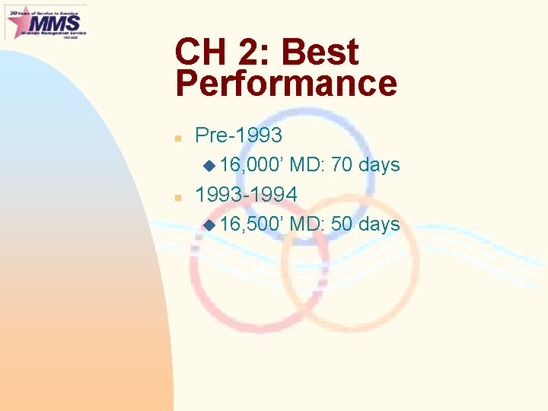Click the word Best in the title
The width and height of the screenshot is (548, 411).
[320, 53]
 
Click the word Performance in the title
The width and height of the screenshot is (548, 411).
[286, 84]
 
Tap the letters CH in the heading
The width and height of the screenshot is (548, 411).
[199, 53]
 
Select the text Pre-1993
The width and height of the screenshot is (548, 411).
[238, 135]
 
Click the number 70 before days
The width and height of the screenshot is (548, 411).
[341, 165]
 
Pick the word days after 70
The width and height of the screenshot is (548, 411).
[379, 165]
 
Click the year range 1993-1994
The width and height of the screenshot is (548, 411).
[246, 195]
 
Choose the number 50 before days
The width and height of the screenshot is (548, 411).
[341, 225]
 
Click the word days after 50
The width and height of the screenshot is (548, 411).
[379, 225]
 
